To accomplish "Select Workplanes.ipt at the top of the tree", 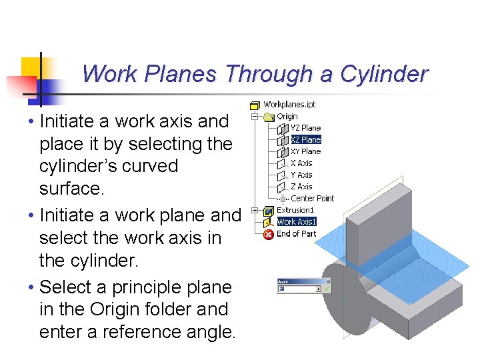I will [289, 105].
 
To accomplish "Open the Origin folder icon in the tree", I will [270, 117].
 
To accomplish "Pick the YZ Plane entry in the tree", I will [305, 128].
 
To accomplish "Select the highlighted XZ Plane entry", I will [305, 140].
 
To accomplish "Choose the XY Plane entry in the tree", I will [305, 151].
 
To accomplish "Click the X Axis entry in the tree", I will [301, 163].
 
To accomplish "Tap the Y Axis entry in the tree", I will [301, 175].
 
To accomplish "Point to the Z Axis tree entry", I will [301, 187].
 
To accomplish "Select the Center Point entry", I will [312, 198].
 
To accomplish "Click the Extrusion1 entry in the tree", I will [295, 210].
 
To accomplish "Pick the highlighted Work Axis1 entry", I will [296, 221].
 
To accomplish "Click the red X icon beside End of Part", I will [269, 234].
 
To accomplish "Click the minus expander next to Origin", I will [255, 117].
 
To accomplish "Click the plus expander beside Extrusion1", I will [255, 210].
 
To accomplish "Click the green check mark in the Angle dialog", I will [327, 289].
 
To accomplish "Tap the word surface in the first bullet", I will [71, 189].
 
